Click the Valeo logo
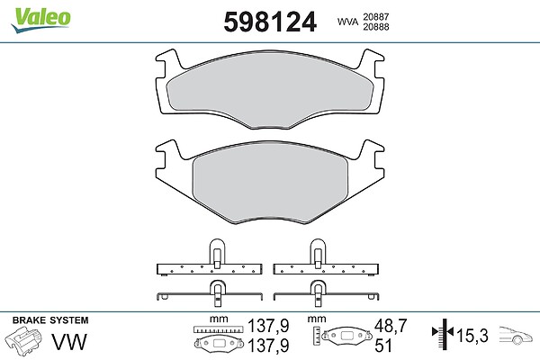40,20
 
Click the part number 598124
270,22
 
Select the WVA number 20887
375,16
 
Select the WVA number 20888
375,27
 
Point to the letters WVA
347,22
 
